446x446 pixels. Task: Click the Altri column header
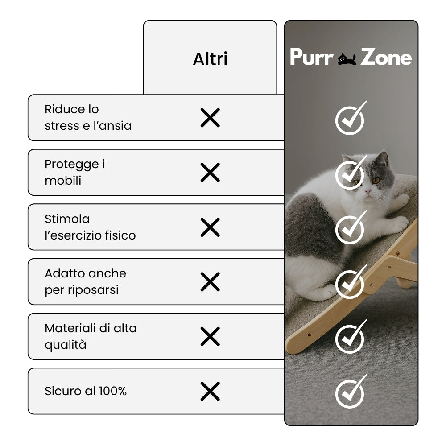pyautogui.click(x=210, y=59)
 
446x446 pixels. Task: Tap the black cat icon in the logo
pyautogui.click(x=347, y=59)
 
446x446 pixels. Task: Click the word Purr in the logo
pyautogui.click(x=311, y=57)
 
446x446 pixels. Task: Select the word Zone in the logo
pyautogui.click(x=386, y=57)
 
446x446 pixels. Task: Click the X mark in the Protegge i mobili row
pyautogui.click(x=210, y=172)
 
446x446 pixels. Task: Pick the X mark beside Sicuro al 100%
pyautogui.click(x=210, y=391)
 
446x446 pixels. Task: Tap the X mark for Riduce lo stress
pyautogui.click(x=210, y=117)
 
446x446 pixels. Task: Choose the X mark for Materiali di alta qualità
pyautogui.click(x=210, y=336)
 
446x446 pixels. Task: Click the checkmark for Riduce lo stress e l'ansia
pyautogui.click(x=351, y=118)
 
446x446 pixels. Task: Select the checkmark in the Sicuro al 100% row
pyautogui.click(x=351, y=392)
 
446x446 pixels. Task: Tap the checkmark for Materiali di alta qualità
pyautogui.click(x=351, y=337)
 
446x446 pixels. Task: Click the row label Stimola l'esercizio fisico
pyautogui.click(x=90, y=227)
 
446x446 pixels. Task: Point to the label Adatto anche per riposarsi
pyautogui.click(x=85, y=281)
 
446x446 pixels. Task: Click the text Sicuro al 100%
pyautogui.click(x=86, y=391)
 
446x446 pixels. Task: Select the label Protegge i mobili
pyautogui.click(x=75, y=172)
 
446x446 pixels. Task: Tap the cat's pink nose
pyautogui.click(x=368, y=192)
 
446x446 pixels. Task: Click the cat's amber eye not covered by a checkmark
pyautogui.click(x=376, y=180)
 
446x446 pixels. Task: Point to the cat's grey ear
pyautogui.click(x=382, y=159)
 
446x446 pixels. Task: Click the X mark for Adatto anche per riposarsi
pyautogui.click(x=210, y=281)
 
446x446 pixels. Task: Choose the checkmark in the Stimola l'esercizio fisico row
pyautogui.click(x=351, y=227)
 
